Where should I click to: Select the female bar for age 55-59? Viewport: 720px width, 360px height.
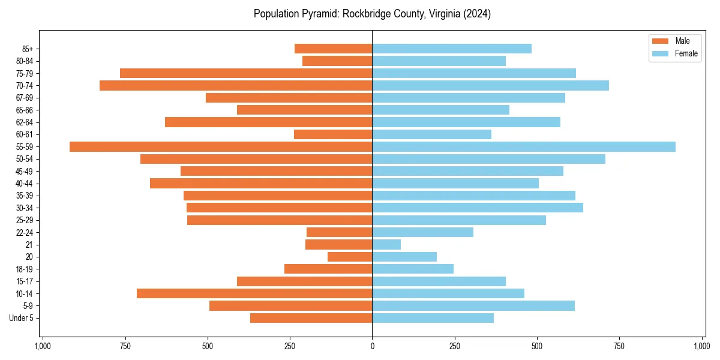(x=524, y=146)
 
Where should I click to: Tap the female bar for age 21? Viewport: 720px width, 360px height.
(x=386, y=244)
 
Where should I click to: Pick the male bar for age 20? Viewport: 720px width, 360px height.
(x=350, y=257)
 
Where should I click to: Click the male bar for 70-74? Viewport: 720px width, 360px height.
(x=236, y=85)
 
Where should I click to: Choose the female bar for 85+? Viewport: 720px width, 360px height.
(x=452, y=49)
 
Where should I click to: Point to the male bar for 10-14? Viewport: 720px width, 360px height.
(x=254, y=293)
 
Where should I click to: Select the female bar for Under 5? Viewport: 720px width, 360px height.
(x=433, y=318)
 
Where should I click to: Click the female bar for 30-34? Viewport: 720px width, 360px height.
(x=478, y=208)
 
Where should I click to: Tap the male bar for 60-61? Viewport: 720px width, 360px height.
(x=333, y=134)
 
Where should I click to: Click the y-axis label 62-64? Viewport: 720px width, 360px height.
(x=25, y=122)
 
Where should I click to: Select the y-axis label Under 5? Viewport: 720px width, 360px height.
(x=22, y=318)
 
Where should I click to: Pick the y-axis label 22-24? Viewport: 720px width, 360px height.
(x=25, y=232)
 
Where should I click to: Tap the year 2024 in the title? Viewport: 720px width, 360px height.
(x=479, y=14)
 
